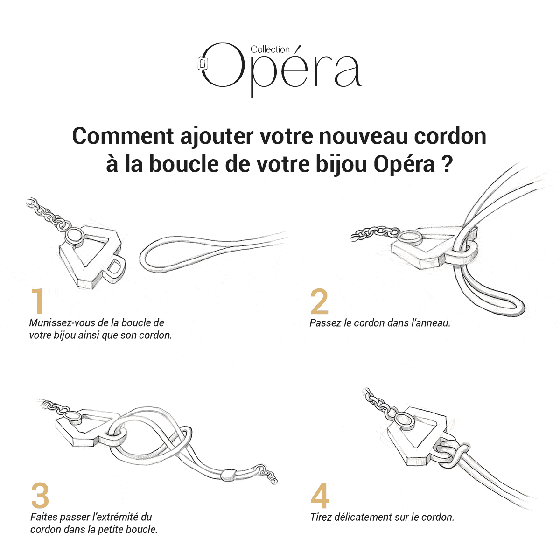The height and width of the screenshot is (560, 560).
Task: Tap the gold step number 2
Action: coord(319,301)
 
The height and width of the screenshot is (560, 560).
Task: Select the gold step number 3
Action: coord(40,495)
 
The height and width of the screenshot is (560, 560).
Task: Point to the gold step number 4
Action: coord(320,495)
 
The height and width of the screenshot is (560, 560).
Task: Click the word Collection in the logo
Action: coord(270,49)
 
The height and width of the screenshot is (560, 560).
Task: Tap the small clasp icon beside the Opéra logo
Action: coord(202,63)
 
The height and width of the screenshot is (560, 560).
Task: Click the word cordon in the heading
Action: coord(450,136)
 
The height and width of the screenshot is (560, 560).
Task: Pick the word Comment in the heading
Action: coord(123,136)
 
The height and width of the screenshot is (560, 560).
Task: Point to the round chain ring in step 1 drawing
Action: coord(74,236)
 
